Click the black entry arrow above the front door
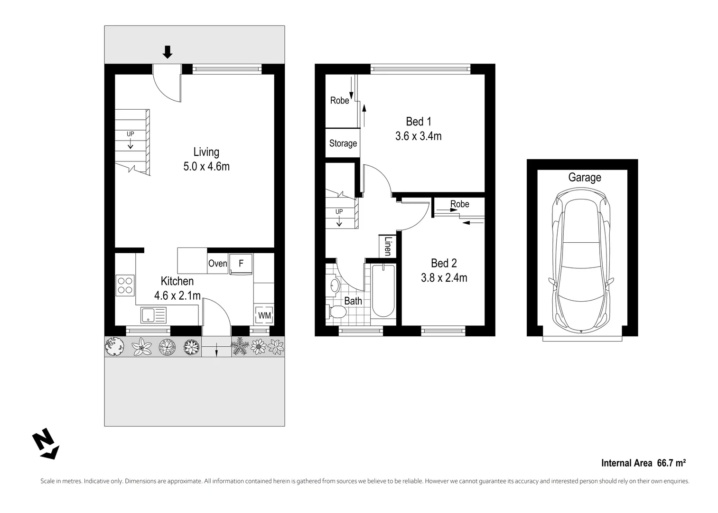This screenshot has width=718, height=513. click(x=167, y=52)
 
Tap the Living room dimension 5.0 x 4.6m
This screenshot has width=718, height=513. click(x=206, y=167)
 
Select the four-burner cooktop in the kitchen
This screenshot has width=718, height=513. click(x=125, y=285)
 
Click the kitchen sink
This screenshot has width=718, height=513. click(x=153, y=314)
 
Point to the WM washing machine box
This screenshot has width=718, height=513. click(x=264, y=315)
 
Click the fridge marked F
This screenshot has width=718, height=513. click(x=241, y=263)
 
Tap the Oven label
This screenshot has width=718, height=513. click(x=217, y=263)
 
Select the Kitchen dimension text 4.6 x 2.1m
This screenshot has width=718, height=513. click(x=177, y=295)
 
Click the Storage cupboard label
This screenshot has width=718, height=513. click(x=343, y=143)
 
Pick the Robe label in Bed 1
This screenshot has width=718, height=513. click(x=339, y=101)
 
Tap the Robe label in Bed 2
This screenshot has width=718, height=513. click(x=459, y=204)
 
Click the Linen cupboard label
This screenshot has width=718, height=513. click(x=388, y=247)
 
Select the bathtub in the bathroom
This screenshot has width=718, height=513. click(x=382, y=291)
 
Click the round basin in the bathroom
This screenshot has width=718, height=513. click(x=334, y=285)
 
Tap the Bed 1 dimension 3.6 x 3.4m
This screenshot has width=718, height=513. click(x=418, y=136)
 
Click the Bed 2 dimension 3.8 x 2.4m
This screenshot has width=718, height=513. click(x=444, y=277)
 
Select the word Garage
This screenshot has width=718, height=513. click(x=584, y=178)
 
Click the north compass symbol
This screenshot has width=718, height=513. click(x=46, y=444)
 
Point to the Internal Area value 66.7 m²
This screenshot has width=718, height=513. click(x=671, y=463)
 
